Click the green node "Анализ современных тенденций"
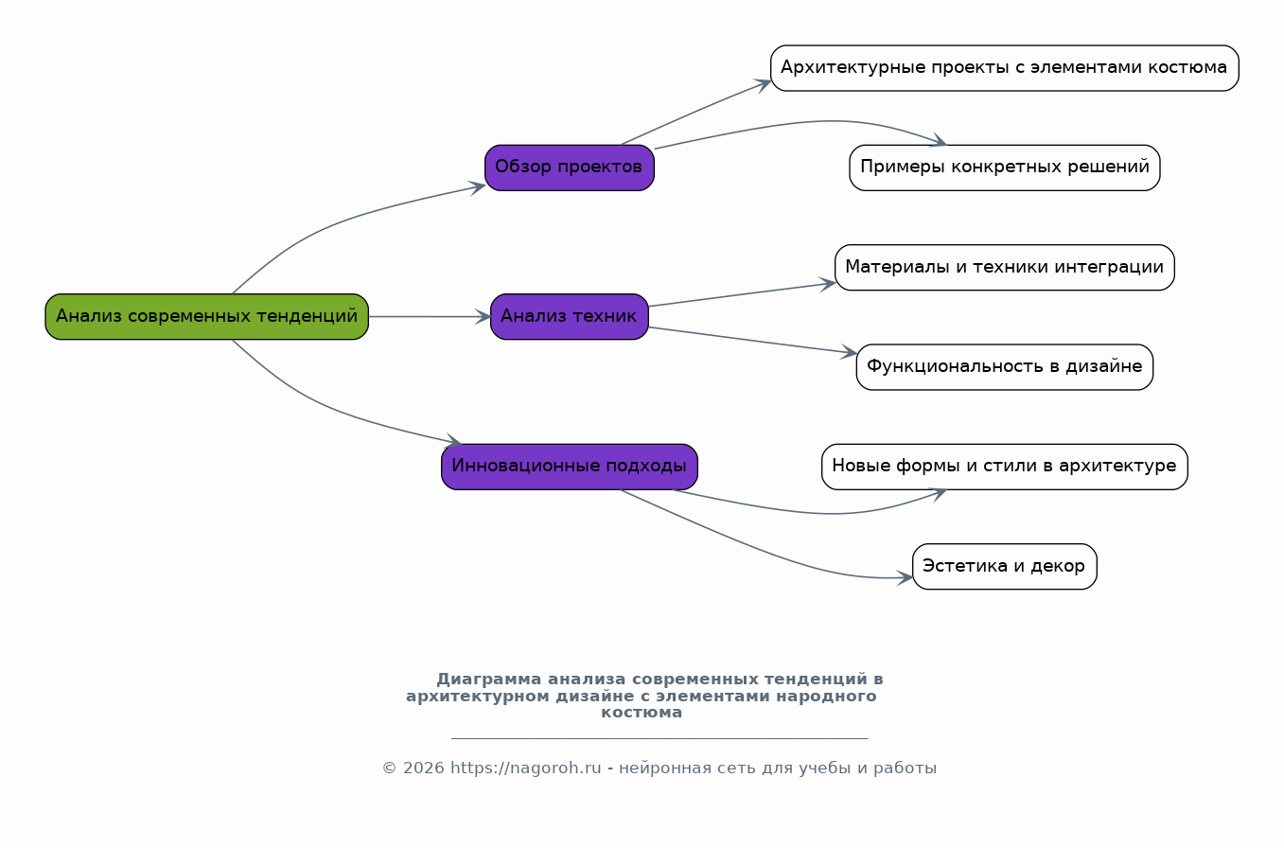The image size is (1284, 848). point(206,316)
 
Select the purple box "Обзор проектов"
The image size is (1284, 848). point(569,168)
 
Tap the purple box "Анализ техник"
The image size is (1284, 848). point(569,316)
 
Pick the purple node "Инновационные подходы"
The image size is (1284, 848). point(569,467)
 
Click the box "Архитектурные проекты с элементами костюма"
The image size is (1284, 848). point(1004,68)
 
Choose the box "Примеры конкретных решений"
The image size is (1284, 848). point(1004,168)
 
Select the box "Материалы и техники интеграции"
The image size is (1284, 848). point(1004,267)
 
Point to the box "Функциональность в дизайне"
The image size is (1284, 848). point(1004,367)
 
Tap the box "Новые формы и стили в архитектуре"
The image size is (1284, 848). point(1004,467)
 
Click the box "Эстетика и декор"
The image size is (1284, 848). point(1004,566)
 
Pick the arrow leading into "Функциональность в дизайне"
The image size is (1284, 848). point(752,341)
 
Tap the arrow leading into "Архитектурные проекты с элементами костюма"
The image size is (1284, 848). point(695,113)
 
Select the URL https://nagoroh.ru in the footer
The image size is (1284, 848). point(525,768)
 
